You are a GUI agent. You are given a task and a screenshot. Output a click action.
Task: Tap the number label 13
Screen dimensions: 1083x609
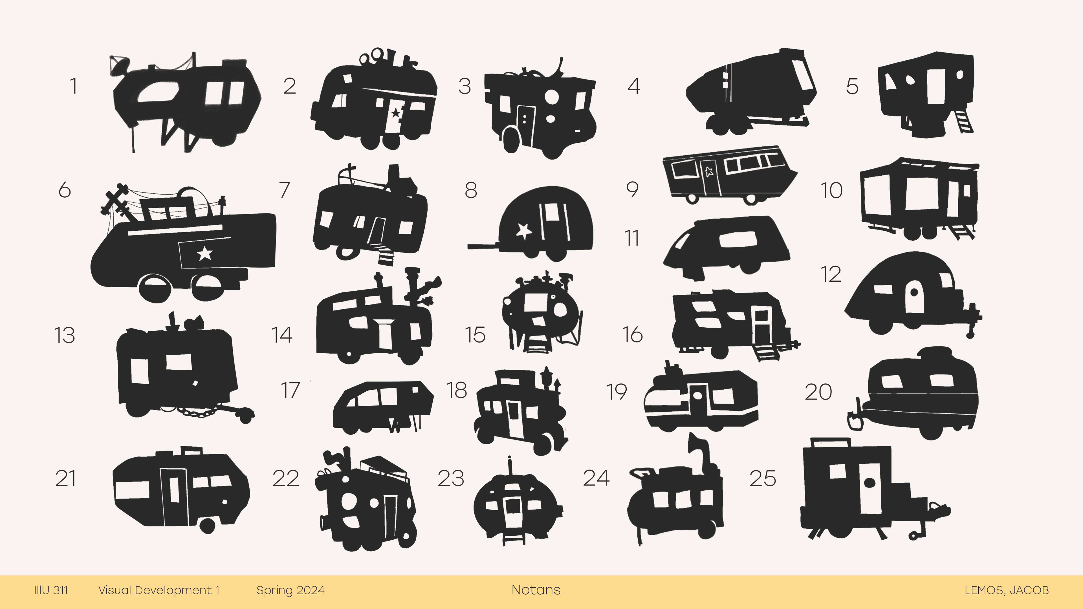(x=65, y=336)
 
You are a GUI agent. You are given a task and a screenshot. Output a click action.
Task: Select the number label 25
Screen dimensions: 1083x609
(x=763, y=479)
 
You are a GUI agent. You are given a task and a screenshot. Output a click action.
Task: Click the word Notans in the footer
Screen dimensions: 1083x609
(x=536, y=590)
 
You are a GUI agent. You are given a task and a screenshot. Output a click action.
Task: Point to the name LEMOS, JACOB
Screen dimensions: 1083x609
(x=1007, y=590)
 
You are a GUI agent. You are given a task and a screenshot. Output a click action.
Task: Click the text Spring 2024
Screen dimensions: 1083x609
(x=290, y=590)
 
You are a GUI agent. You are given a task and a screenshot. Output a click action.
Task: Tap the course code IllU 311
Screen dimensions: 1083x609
(x=51, y=590)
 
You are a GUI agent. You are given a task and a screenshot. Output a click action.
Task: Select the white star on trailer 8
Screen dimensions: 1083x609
(x=524, y=231)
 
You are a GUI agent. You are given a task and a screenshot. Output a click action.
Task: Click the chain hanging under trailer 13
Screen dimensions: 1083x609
(x=198, y=412)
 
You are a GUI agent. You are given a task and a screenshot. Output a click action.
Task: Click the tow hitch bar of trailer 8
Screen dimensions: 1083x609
(x=483, y=246)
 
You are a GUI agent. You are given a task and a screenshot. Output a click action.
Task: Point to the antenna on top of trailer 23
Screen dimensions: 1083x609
(x=510, y=467)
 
